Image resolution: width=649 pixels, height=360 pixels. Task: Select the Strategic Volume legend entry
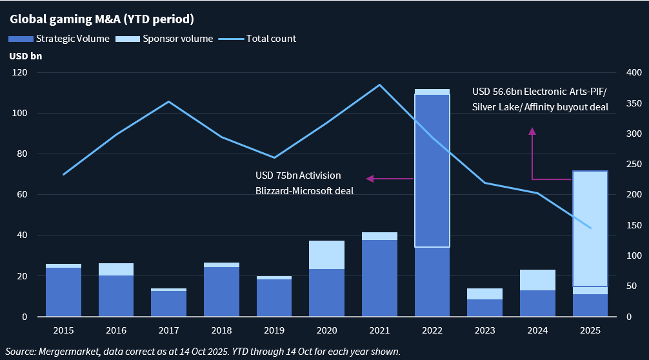pyautogui.click(x=63, y=39)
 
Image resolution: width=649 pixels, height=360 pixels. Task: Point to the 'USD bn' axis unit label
pyautogui.click(x=26, y=56)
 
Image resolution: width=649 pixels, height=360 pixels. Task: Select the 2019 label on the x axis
pyautogui.click(x=274, y=330)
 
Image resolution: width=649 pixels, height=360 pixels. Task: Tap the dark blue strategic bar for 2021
pyautogui.click(x=379, y=278)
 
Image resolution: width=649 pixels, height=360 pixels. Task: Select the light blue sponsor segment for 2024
pyautogui.click(x=537, y=280)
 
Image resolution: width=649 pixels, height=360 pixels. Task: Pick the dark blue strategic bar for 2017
pyautogui.click(x=168, y=304)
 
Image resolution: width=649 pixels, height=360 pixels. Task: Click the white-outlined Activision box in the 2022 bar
pyautogui.click(x=432, y=171)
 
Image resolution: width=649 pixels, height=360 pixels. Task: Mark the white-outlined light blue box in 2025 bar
pyautogui.click(x=590, y=228)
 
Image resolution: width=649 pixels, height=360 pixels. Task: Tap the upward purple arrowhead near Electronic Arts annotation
pyautogui.click(x=532, y=132)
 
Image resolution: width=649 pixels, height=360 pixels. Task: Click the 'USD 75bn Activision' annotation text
pyautogui.click(x=298, y=175)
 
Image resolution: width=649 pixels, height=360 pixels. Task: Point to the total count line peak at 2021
pyautogui.click(x=379, y=85)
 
